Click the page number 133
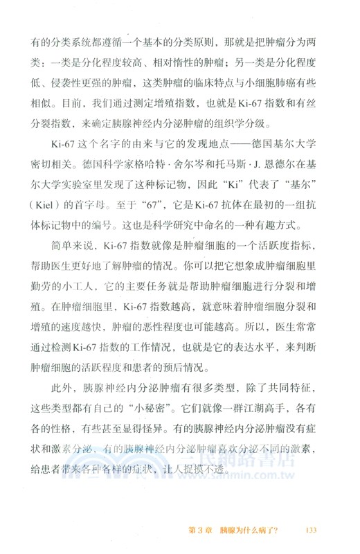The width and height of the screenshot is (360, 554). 310,531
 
